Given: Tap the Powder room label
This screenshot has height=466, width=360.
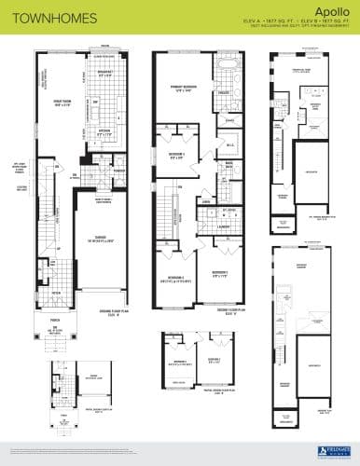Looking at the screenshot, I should tap(119, 171).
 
